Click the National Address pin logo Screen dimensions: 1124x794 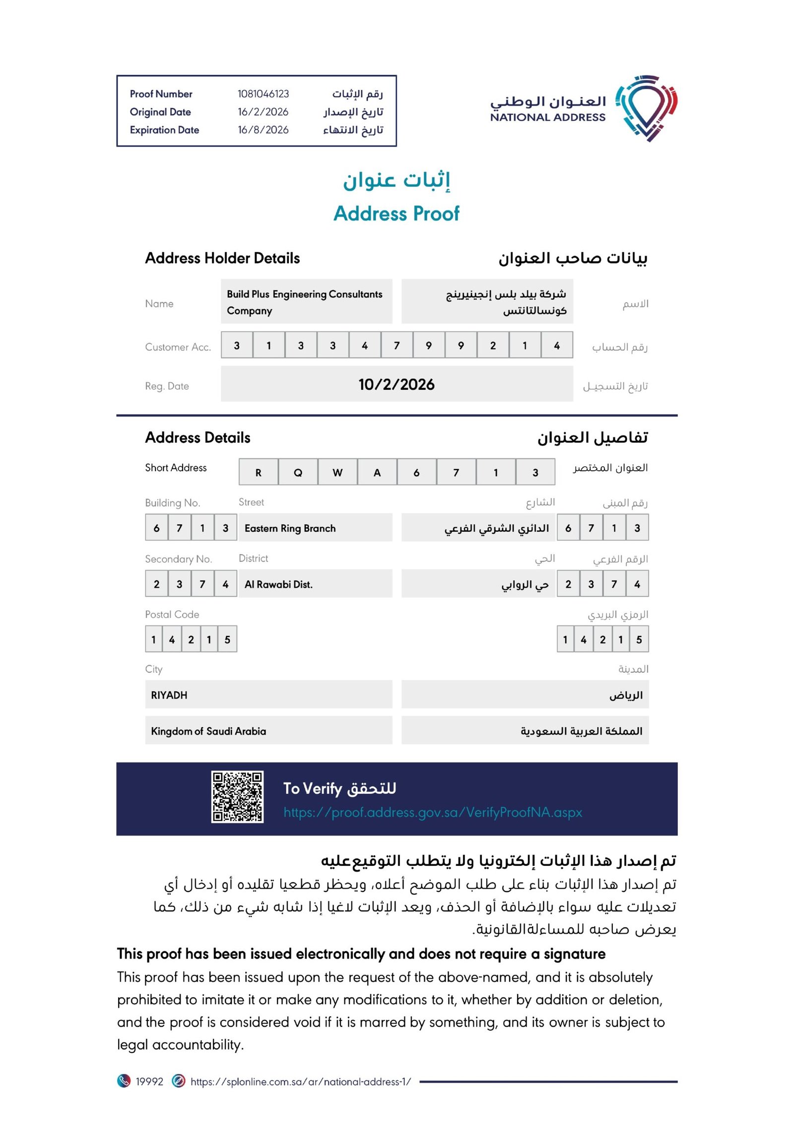click(646, 108)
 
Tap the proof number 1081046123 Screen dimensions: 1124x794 click(263, 94)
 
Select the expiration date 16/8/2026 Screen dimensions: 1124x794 click(263, 130)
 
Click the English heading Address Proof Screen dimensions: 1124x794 click(397, 213)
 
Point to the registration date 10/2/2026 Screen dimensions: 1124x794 click(397, 384)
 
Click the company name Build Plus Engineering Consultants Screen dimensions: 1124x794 click(304, 294)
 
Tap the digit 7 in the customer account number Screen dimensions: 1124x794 click(397, 346)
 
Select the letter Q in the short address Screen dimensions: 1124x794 click(298, 473)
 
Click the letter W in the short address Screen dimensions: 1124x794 click(337, 473)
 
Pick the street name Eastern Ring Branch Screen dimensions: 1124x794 click(290, 528)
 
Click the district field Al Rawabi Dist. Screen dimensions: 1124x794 click(278, 584)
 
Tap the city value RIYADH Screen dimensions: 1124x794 click(169, 695)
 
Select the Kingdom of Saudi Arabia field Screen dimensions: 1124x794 click(208, 731)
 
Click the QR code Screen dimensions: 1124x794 click(237, 797)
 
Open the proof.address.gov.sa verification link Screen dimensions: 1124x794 click(433, 812)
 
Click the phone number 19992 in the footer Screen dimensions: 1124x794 click(149, 1082)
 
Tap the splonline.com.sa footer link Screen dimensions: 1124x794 click(301, 1082)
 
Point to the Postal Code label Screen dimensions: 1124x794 click(172, 615)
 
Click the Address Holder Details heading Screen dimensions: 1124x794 click(222, 258)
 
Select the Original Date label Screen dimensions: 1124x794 click(160, 112)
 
